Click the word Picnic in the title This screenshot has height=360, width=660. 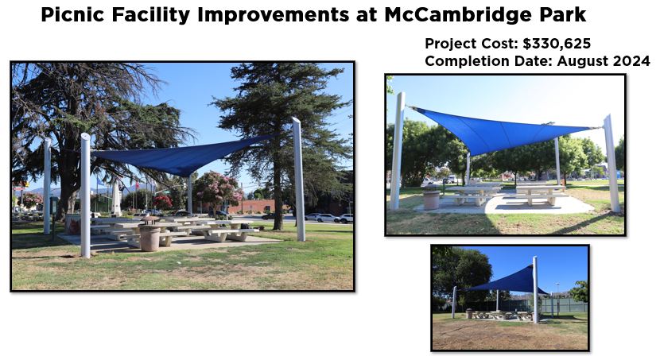click(72, 15)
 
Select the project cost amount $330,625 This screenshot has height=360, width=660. click(557, 44)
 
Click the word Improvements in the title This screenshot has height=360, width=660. click(273, 15)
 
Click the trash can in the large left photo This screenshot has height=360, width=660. click(149, 238)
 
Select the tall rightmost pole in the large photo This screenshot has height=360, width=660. click(298, 180)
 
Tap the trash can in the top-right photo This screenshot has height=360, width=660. click(432, 199)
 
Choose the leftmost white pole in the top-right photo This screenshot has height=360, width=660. click(398, 151)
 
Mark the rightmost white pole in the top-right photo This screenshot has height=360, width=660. click(611, 164)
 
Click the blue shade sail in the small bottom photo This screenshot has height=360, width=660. click(511, 281)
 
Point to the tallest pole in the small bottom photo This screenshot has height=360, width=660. click(535, 290)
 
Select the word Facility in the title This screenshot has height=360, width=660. click(151, 15)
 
